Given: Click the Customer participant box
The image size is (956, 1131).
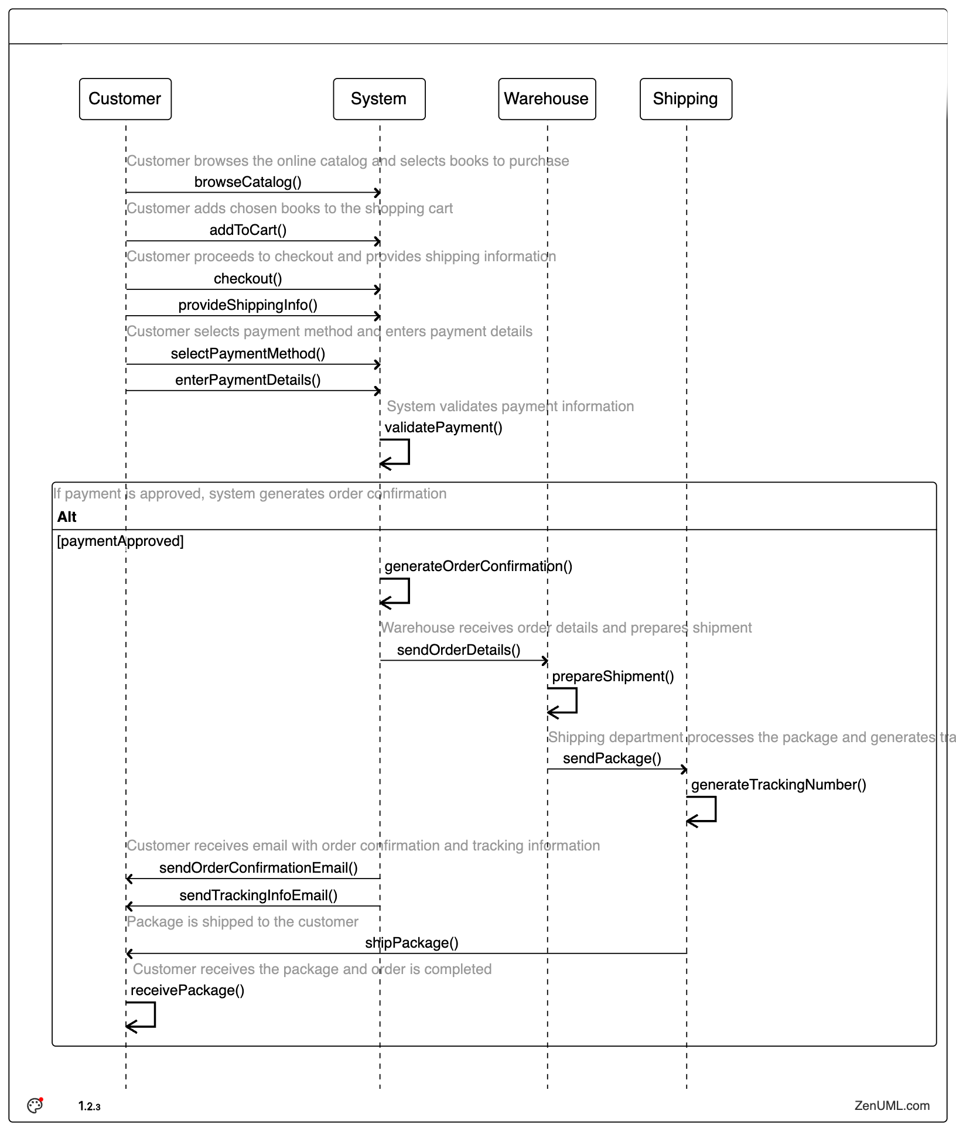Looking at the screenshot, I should [125, 99].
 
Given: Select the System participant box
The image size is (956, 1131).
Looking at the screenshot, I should [379, 99].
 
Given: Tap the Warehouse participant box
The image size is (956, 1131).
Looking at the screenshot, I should [547, 99].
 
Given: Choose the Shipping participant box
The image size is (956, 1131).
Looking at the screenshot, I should [685, 99].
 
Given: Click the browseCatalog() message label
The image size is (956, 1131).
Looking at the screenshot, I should [248, 182].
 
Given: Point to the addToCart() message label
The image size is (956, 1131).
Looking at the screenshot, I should [248, 230].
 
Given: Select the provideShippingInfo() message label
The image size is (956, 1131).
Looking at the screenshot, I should [248, 305].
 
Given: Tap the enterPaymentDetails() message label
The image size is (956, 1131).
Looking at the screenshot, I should [248, 380].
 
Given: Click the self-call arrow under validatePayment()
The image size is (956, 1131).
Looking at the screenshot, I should [395, 453].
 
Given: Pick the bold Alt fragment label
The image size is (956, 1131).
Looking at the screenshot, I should [67, 517].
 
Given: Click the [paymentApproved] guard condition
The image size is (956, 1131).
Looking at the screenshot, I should [120, 541].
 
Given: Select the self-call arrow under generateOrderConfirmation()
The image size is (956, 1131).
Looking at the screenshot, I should [395, 592].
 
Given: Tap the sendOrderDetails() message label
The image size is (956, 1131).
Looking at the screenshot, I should [459, 650].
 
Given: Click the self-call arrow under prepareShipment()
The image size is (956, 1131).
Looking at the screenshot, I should [563, 701].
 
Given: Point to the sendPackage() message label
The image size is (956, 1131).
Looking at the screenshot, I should [612, 758].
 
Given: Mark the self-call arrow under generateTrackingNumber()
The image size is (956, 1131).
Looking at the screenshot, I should [702, 810].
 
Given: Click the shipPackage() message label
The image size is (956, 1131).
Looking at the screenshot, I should [412, 943].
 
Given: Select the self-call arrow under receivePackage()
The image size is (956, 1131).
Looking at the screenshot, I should [141, 1016].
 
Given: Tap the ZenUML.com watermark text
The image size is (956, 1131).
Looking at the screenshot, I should [892, 1106].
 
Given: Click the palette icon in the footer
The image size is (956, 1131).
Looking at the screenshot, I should [35, 1105].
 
